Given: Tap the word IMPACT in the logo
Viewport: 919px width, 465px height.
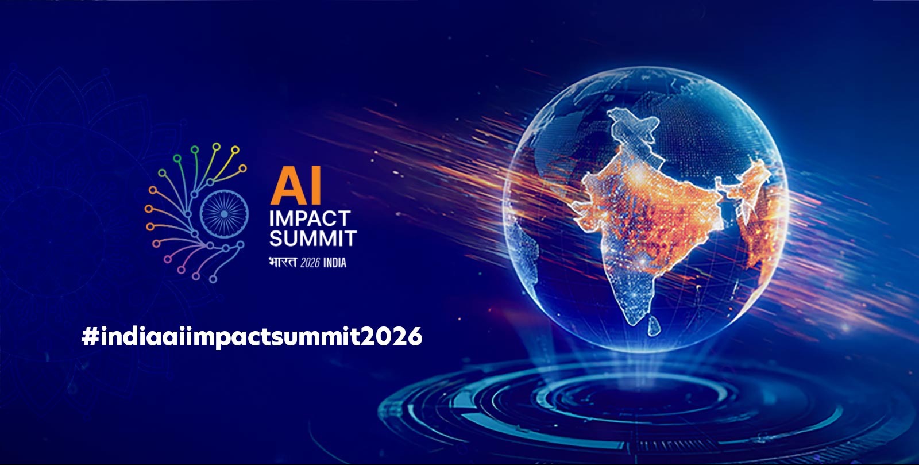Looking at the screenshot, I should (310, 219).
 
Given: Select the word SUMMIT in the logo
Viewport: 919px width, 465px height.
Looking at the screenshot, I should (313, 239).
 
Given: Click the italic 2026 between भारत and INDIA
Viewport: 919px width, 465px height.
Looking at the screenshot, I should (310, 263).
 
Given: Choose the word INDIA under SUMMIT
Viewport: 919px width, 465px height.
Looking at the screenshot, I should (335, 263).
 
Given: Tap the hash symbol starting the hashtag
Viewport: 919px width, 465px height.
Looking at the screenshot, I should (90, 336).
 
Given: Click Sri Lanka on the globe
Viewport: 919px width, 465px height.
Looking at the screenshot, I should (654, 326).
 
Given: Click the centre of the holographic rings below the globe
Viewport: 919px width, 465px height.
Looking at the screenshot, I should (638, 397).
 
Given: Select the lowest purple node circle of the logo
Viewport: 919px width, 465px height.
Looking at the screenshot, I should (213, 279).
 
